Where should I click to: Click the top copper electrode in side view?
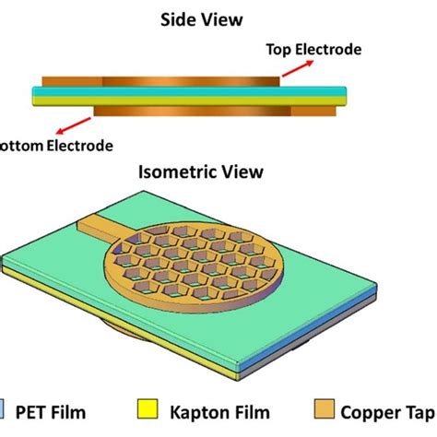pyautogui.click(x=189, y=81)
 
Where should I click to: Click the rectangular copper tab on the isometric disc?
pyautogui.click(x=105, y=224)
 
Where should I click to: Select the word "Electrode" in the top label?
pyautogui.click(x=332, y=50)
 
